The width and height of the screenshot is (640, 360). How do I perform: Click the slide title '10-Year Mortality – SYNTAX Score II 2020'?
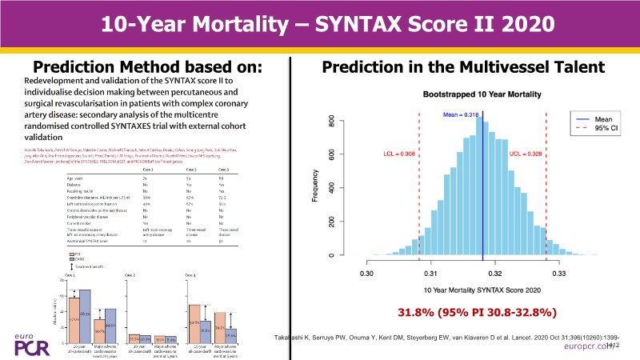(320, 23)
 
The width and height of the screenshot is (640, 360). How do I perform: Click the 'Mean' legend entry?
(594, 119)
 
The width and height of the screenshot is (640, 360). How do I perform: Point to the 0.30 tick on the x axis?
(366, 273)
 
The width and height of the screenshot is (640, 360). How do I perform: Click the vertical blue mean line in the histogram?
(482, 200)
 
